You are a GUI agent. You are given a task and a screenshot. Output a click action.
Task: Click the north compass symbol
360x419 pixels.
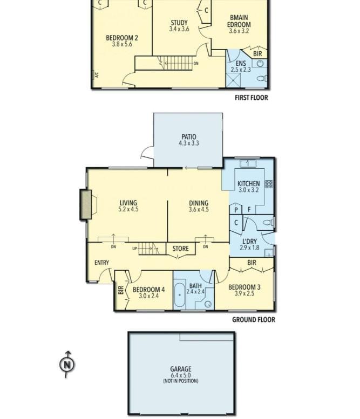(x=67, y=364)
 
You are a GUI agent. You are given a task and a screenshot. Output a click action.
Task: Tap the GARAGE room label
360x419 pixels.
(x=181, y=369)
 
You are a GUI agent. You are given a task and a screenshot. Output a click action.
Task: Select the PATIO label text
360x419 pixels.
(x=189, y=137)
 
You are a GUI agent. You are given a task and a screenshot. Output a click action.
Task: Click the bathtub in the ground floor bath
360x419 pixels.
(x=180, y=294)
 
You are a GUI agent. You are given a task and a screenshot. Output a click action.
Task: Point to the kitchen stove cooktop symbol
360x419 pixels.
(x=269, y=184)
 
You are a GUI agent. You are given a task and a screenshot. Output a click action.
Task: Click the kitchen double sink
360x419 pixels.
(x=248, y=163)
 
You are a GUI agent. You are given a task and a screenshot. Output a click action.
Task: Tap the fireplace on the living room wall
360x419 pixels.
(x=86, y=204)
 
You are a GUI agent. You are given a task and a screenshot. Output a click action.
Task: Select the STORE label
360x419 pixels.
(x=180, y=249)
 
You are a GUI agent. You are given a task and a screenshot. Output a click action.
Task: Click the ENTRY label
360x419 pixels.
(x=101, y=263)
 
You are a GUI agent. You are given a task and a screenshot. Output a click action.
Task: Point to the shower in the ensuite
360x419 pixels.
(x=233, y=80)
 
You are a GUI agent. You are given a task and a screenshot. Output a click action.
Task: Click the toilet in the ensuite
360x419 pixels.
(x=262, y=78)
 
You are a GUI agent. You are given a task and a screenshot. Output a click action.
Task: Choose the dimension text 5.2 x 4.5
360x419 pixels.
(x=128, y=209)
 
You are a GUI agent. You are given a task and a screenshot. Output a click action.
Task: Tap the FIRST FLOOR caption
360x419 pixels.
(x=251, y=98)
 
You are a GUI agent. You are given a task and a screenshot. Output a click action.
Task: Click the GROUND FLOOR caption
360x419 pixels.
(x=254, y=320)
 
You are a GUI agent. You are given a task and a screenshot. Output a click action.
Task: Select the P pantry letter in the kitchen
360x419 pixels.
(x=236, y=210)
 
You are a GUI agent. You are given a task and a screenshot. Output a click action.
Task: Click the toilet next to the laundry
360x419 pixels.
(x=268, y=222)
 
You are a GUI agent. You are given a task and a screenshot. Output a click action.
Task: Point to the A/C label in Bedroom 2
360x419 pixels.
(x=97, y=75)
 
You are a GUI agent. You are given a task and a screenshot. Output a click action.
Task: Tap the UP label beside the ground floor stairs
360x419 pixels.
(x=134, y=249)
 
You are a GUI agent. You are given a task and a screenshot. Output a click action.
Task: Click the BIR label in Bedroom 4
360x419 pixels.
(x=121, y=290)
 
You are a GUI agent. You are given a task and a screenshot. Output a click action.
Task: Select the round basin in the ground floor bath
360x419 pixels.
(x=208, y=304)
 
